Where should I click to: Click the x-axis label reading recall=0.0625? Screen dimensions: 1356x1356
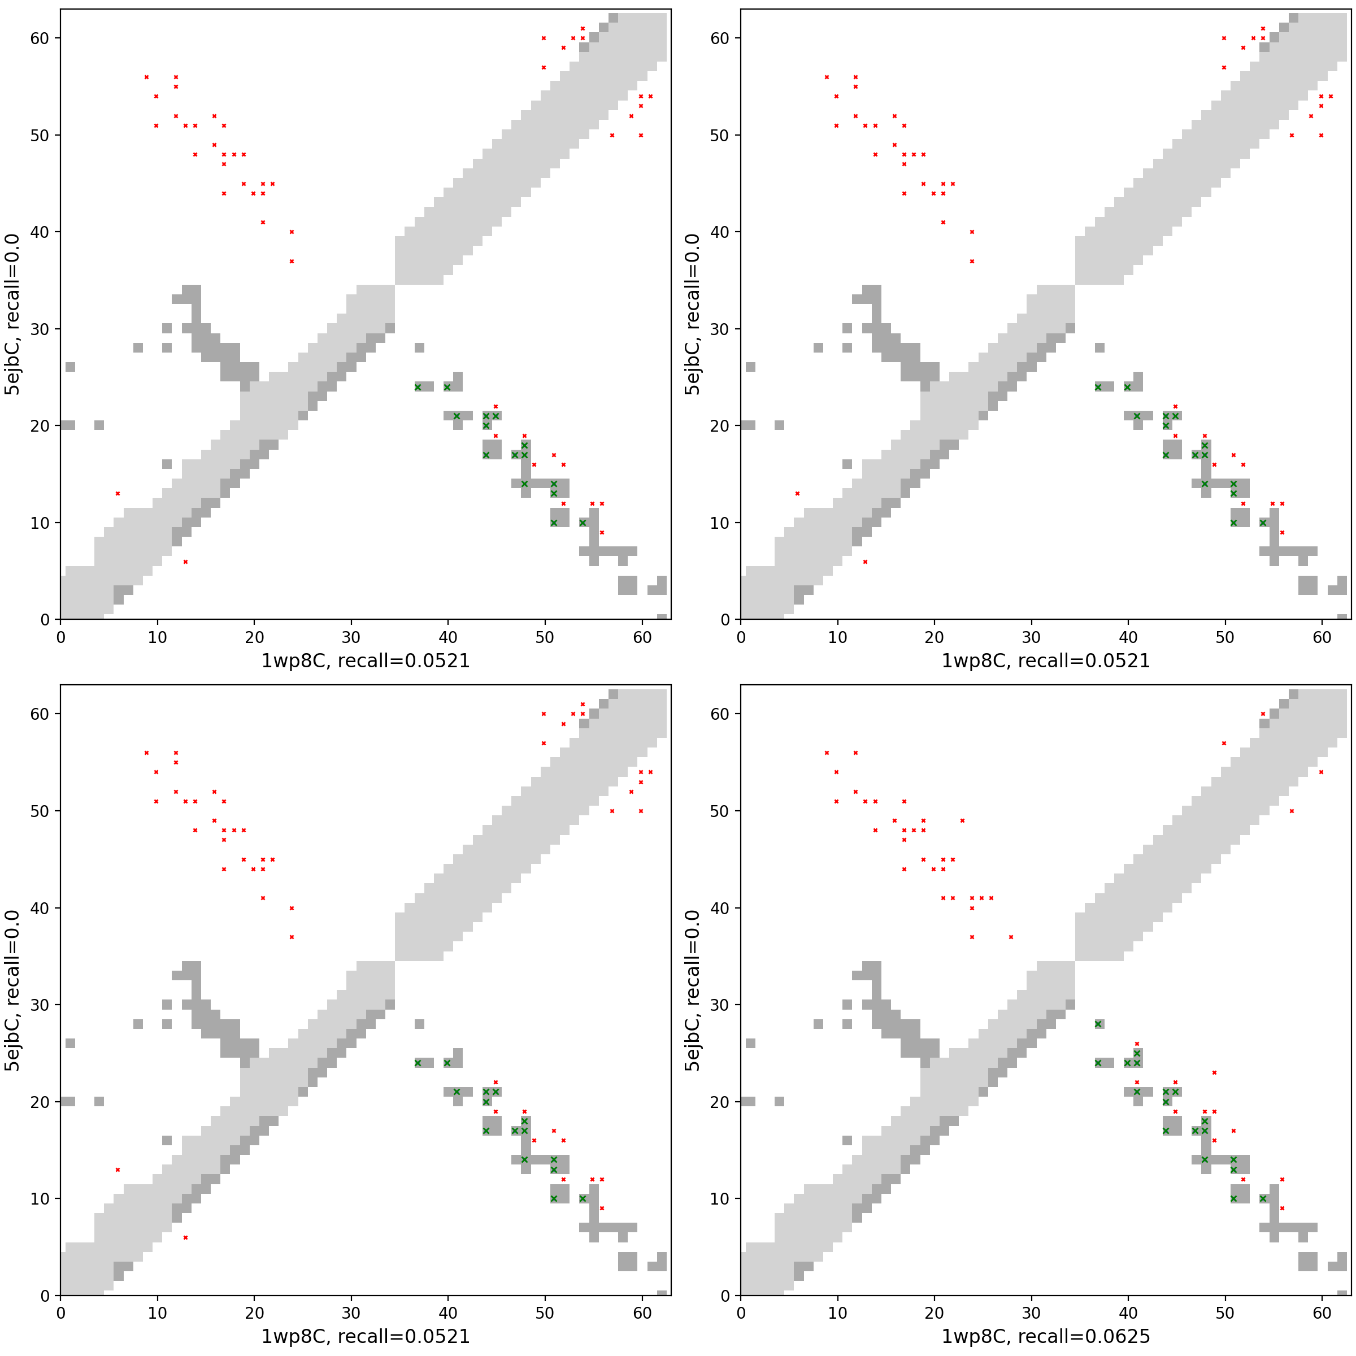click(1045, 1336)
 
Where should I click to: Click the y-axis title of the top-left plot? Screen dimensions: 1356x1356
click(12, 315)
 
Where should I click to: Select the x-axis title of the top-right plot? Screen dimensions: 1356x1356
click(1045, 660)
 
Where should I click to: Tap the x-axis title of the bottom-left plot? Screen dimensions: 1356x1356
click(365, 1336)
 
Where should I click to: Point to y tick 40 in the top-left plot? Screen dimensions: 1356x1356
click(40, 232)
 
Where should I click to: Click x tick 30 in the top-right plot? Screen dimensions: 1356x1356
click(1031, 637)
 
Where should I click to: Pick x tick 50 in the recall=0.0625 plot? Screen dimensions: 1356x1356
click(1225, 1313)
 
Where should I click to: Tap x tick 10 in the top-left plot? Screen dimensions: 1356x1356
click(157, 637)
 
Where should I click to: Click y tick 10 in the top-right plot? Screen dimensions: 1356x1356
click(720, 523)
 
